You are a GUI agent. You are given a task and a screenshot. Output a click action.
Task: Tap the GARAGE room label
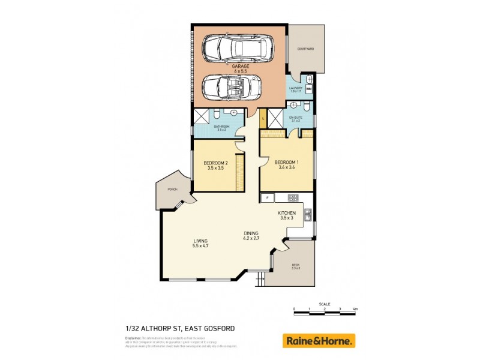tap(237, 67)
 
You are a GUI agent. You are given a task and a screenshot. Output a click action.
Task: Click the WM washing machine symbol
tap(309, 90)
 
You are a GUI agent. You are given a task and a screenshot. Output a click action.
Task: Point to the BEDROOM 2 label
tap(215, 163)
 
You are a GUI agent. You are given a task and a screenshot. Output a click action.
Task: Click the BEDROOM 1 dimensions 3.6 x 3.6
tap(286, 169)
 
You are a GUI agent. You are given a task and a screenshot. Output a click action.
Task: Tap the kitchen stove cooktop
tap(293, 197)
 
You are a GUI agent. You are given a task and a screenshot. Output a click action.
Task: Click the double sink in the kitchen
tap(307, 214)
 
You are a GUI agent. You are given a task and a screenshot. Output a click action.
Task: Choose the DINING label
tap(251, 233)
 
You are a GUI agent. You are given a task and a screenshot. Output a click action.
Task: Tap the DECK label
tap(295, 265)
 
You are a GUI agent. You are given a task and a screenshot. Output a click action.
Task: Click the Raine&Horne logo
tap(319, 341)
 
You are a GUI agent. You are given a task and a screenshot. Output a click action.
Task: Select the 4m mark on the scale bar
tap(355, 309)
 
